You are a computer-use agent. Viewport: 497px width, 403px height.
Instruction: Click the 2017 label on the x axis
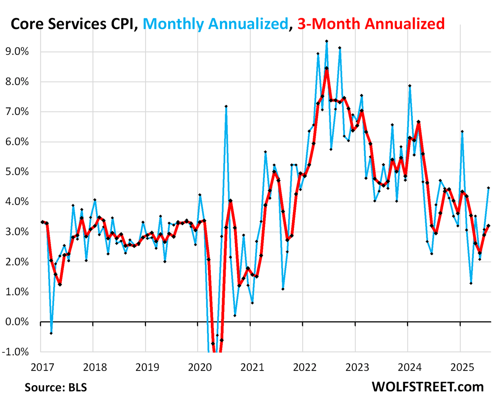point(42,367)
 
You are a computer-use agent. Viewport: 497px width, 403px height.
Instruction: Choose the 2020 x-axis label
point(200,367)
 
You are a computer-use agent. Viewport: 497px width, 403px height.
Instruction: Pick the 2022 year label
point(304,367)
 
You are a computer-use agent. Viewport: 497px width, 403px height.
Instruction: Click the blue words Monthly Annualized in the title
point(215,24)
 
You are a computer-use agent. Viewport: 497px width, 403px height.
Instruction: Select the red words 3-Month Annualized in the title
point(371,24)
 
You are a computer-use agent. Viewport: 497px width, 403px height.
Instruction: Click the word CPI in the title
point(121,24)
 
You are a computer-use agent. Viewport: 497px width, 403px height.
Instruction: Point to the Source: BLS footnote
point(56,387)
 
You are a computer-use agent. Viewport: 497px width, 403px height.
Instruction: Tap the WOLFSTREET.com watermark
point(427,387)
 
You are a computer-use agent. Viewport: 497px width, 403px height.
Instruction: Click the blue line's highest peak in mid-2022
point(327,41)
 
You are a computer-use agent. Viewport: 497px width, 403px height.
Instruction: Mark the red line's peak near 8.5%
point(327,68)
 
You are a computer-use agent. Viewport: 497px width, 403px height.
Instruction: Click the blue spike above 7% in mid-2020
point(226,106)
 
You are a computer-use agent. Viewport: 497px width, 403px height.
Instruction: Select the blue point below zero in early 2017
point(51,333)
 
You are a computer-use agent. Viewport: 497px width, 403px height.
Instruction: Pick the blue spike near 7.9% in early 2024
point(410,86)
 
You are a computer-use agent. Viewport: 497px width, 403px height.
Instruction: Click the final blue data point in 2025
point(488,188)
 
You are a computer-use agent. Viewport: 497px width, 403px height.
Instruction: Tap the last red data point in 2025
point(488,226)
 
